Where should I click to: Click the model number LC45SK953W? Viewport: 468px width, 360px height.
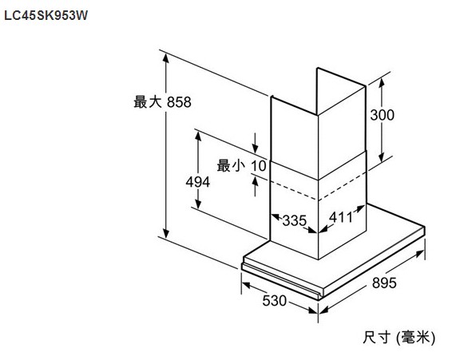pyautogui.click(x=46, y=15)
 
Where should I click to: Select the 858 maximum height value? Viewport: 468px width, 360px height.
pyautogui.click(x=179, y=102)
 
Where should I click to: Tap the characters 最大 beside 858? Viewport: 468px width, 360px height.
pyautogui.click(x=148, y=101)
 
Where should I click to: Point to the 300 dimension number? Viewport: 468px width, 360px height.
pyautogui.click(x=382, y=115)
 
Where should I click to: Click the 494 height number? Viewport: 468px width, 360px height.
pyautogui.click(x=197, y=182)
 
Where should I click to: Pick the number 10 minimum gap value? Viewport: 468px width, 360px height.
pyautogui.click(x=259, y=166)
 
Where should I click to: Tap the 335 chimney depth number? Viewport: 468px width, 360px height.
pyautogui.click(x=295, y=220)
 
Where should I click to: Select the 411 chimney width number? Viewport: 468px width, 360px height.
pyautogui.click(x=340, y=217)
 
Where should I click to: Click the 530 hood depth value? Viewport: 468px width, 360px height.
pyautogui.click(x=274, y=300)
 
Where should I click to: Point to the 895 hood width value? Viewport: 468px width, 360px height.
pyautogui.click(x=384, y=283)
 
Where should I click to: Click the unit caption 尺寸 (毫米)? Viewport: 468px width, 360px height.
pyautogui.click(x=399, y=338)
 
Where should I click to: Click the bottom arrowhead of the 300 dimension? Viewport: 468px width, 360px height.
pyautogui.click(x=382, y=157)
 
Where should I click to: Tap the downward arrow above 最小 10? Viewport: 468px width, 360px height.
pyautogui.click(x=255, y=143)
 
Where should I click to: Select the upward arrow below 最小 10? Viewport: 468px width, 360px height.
pyautogui.click(x=255, y=187)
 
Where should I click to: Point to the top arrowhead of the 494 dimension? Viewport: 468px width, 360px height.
pyautogui.click(x=198, y=136)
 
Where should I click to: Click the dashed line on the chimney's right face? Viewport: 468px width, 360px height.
pyautogui.click(x=342, y=186)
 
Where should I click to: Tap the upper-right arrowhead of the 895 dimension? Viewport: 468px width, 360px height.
pyautogui.click(x=419, y=254)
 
